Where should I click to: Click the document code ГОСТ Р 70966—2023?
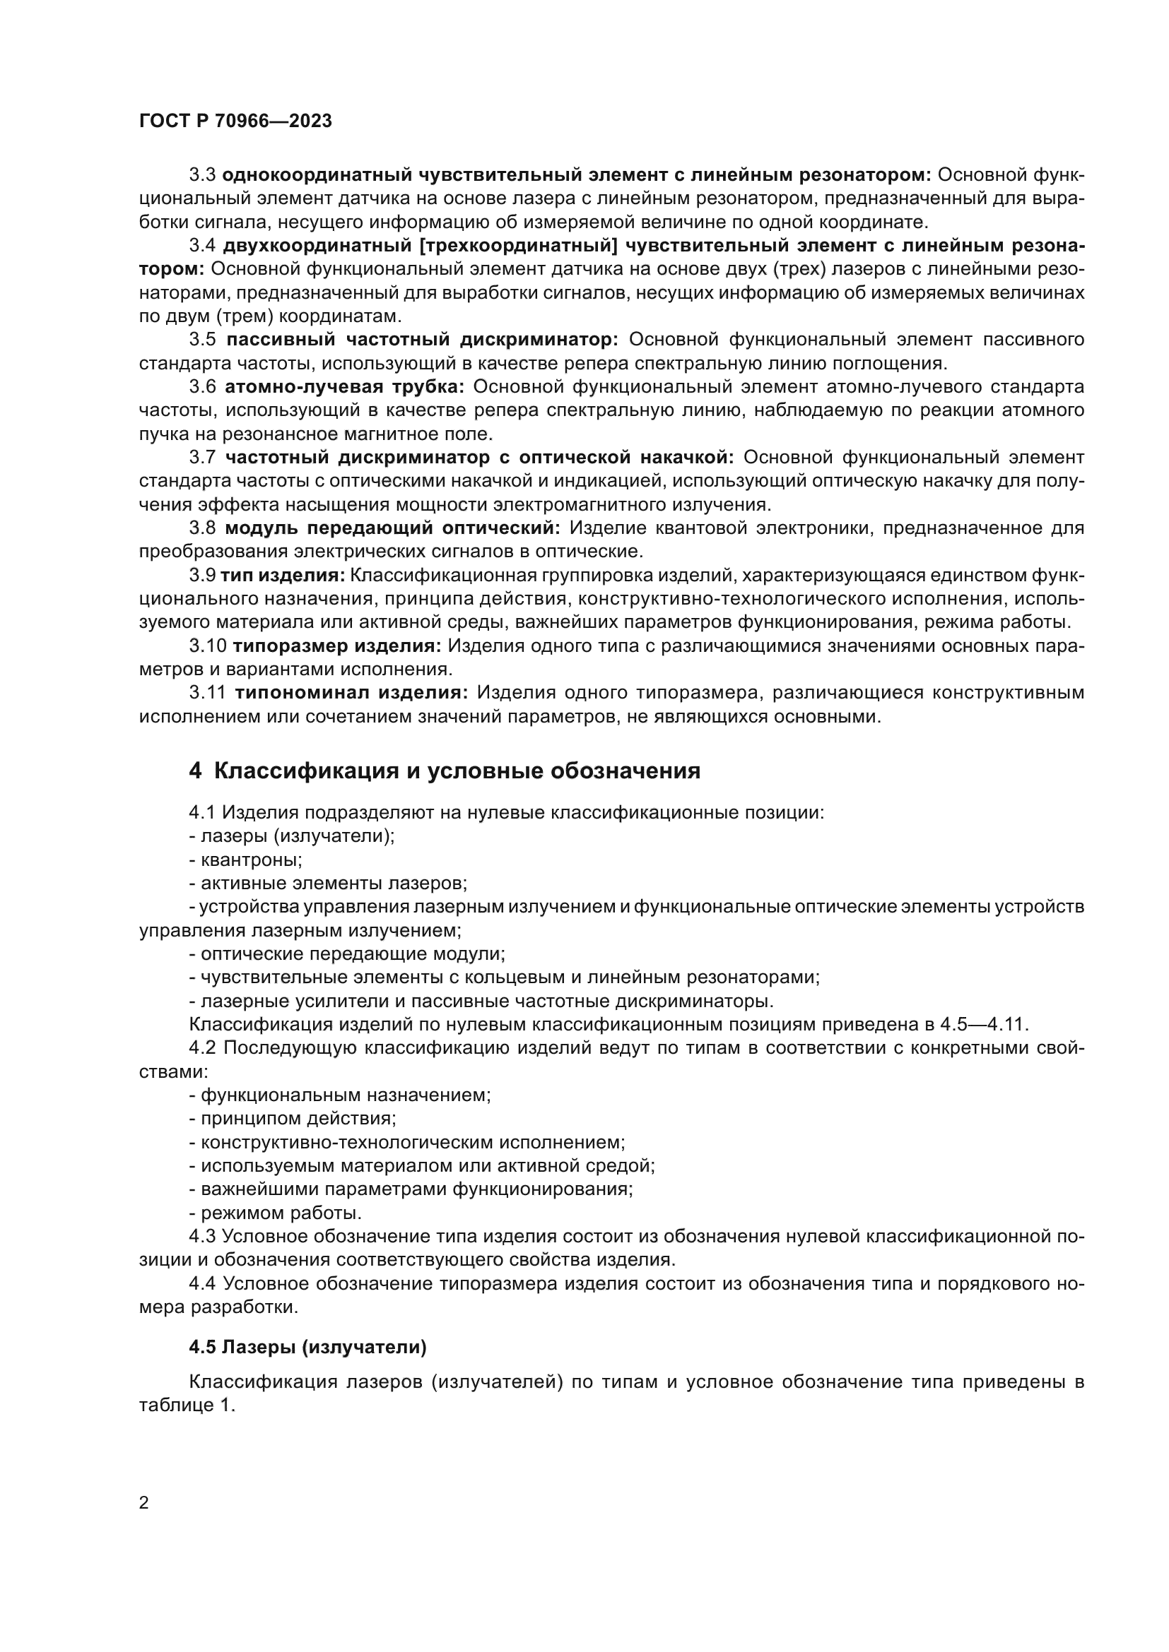(x=235, y=121)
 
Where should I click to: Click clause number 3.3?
(x=202, y=175)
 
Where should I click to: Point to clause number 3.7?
(x=202, y=458)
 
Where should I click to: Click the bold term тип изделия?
(x=283, y=576)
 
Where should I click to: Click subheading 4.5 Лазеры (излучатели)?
(x=308, y=1348)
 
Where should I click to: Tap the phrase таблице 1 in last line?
(x=187, y=1406)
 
